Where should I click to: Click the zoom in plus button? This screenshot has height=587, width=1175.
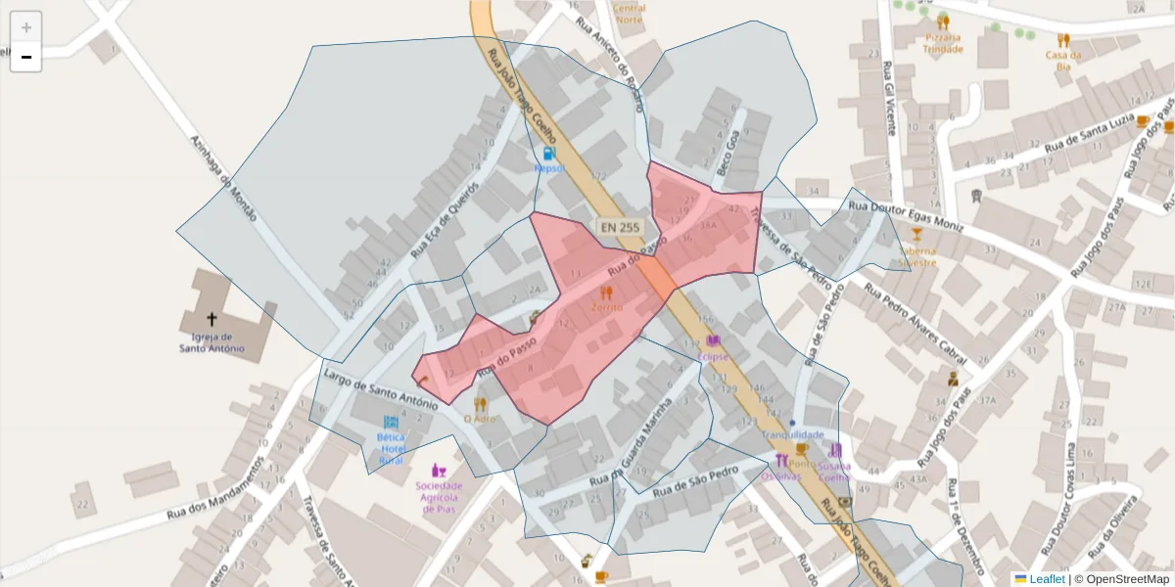point(26,27)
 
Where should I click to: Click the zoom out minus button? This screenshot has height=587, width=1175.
point(26,57)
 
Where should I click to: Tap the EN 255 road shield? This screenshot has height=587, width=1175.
point(620,227)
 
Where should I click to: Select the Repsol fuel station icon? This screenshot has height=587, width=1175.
point(549,154)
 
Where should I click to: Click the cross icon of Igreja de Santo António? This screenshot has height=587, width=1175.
point(211,319)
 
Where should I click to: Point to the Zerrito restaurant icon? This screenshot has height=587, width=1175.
point(606,292)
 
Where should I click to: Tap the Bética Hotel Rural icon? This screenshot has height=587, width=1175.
point(391,423)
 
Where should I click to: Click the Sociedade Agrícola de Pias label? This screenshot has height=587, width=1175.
point(438,495)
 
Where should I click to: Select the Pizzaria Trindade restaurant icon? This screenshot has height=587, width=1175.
point(943,22)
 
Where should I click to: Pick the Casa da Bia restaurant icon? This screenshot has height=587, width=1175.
point(1063,40)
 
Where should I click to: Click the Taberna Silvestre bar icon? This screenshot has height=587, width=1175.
point(916,234)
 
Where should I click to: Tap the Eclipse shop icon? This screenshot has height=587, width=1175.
point(714,341)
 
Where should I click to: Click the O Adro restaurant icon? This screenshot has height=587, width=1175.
point(480,403)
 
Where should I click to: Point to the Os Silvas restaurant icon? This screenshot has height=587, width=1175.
point(781,460)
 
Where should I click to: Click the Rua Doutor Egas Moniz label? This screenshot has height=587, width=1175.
point(906,212)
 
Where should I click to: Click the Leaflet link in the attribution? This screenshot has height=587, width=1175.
point(1046,579)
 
